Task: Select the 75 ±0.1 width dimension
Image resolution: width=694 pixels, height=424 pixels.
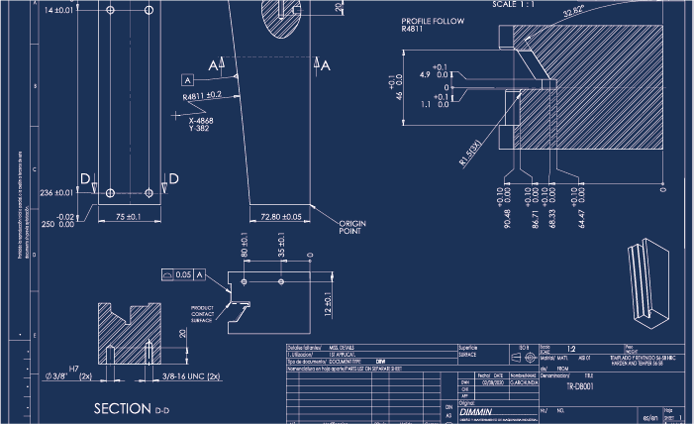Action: [128, 215]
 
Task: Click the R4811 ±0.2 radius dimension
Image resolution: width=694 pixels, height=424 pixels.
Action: [202, 96]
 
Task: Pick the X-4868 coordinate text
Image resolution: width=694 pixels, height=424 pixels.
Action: [202, 120]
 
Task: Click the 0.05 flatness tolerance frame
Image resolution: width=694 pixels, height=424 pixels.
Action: [181, 273]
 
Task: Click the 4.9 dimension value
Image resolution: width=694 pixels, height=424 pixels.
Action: [426, 75]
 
